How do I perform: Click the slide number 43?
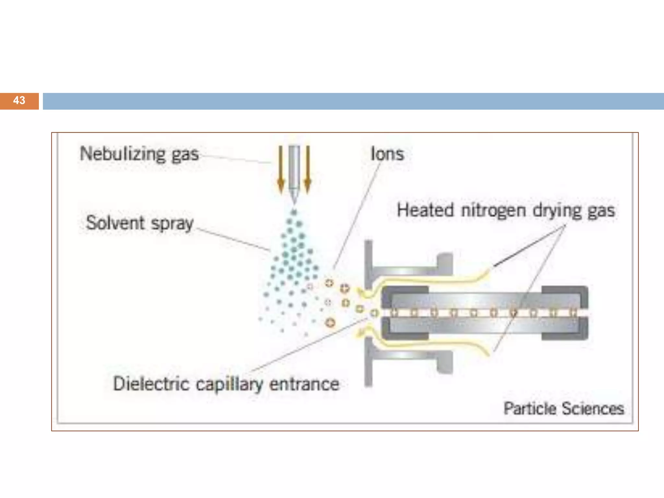[x=19, y=101]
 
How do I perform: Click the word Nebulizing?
[x=123, y=154]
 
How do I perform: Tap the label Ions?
[x=387, y=154]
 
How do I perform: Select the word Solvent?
[x=115, y=223]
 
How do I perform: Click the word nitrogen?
[x=493, y=211]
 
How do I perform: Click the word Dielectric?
[x=151, y=384]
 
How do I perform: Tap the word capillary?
[x=229, y=385]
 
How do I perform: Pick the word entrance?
[x=304, y=384]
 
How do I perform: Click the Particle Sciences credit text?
[x=563, y=409]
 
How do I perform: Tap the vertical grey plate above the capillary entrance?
[x=368, y=263]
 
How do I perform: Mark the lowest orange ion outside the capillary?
[x=330, y=322]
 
